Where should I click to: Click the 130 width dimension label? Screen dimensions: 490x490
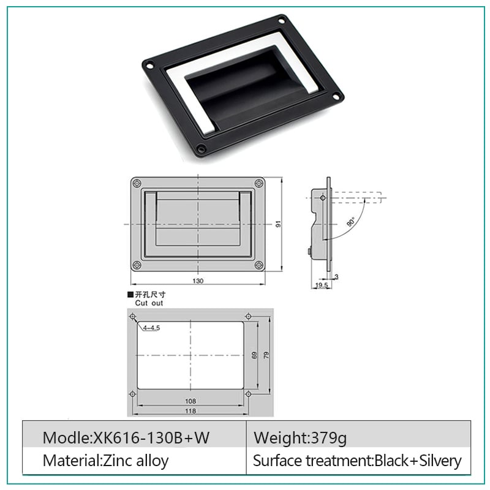(x=198, y=281)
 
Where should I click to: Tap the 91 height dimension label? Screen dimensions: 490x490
(x=278, y=224)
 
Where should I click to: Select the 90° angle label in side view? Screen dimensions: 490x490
(x=351, y=222)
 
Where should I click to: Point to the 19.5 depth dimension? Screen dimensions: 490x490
(x=322, y=285)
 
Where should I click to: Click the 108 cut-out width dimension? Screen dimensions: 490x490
(x=190, y=401)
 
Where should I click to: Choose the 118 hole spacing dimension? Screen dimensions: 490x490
(x=190, y=410)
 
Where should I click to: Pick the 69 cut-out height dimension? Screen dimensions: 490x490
(x=254, y=355)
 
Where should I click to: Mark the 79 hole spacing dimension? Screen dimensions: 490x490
(x=266, y=355)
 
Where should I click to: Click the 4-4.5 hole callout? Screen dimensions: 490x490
(x=151, y=328)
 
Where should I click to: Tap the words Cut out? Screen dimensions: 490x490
(x=149, y=303)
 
